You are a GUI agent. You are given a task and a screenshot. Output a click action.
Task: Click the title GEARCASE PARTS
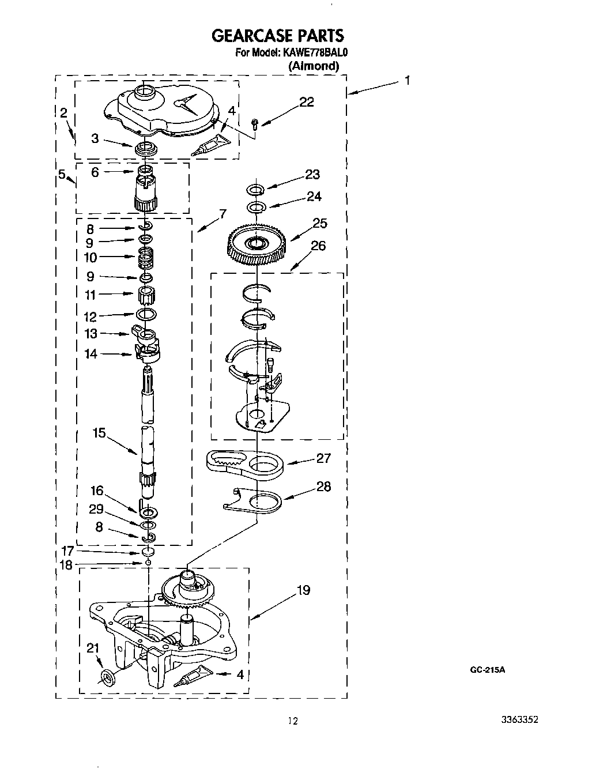point(278,36)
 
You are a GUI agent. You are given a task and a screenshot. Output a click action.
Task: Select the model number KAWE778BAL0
point(316,52)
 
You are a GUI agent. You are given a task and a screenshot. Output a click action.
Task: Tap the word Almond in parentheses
point(313,66)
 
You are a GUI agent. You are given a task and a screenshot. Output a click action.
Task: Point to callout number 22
point(307,102)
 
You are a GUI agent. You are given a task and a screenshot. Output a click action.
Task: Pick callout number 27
point(323,458)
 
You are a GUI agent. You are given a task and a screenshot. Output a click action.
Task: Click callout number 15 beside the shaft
point(99,432)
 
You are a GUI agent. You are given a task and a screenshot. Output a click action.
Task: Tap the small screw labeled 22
point(255,122)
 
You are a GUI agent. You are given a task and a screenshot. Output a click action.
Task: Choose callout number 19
point(303,590)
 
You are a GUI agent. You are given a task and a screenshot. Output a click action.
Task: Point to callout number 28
point(323,487)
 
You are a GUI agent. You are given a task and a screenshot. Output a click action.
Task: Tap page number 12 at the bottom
point(293,721)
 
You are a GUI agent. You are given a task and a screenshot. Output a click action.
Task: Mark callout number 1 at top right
point(407,80)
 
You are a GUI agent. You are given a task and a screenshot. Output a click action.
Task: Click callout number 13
point(91,334)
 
